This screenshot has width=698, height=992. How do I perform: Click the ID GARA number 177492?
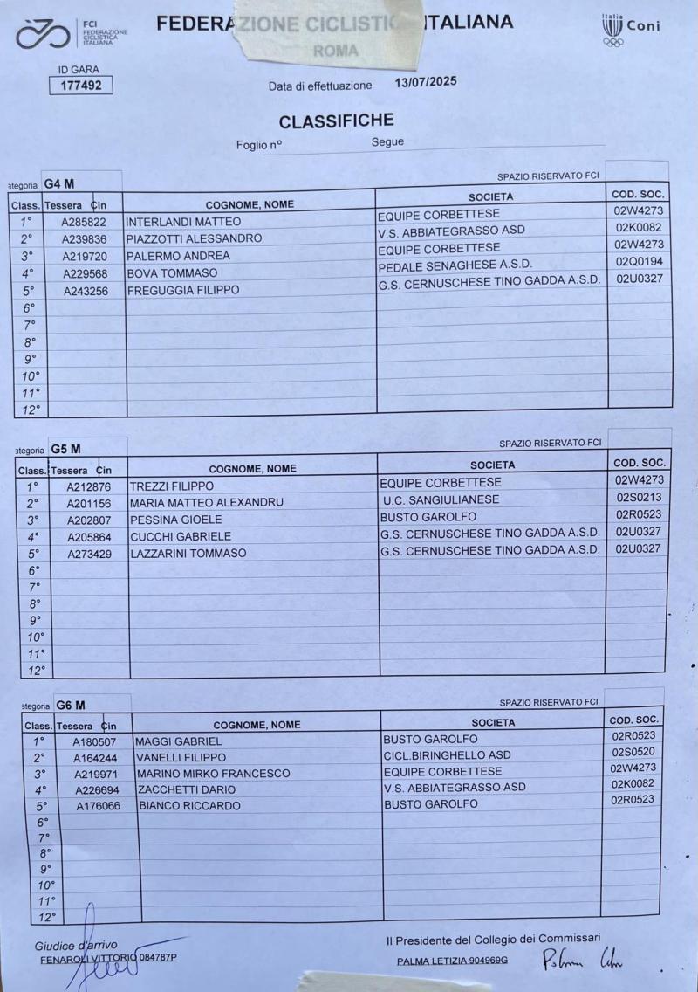click(x=79, y=86)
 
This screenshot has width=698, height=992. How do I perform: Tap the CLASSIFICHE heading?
click(x=336, y=121)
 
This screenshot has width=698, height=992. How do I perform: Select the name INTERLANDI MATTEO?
click(x=182, y=222)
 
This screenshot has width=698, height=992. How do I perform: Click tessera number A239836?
click(x=85, y=238)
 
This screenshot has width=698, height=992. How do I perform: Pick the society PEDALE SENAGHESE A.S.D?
click(x=455, y=265)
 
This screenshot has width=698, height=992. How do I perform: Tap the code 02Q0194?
click(x=639, y=262)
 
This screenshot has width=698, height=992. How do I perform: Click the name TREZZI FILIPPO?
click(x=172, y=486)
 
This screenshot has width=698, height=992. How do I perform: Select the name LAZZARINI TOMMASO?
click(x=188, y=554)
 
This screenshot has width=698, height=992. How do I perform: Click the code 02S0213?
click(x=640, y=497)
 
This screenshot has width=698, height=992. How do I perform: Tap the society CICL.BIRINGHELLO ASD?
click(x=447, y=754)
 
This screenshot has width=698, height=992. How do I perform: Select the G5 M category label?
click(x=65, y=449)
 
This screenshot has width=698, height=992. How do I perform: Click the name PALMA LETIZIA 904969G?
click(x=452, y=961)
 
